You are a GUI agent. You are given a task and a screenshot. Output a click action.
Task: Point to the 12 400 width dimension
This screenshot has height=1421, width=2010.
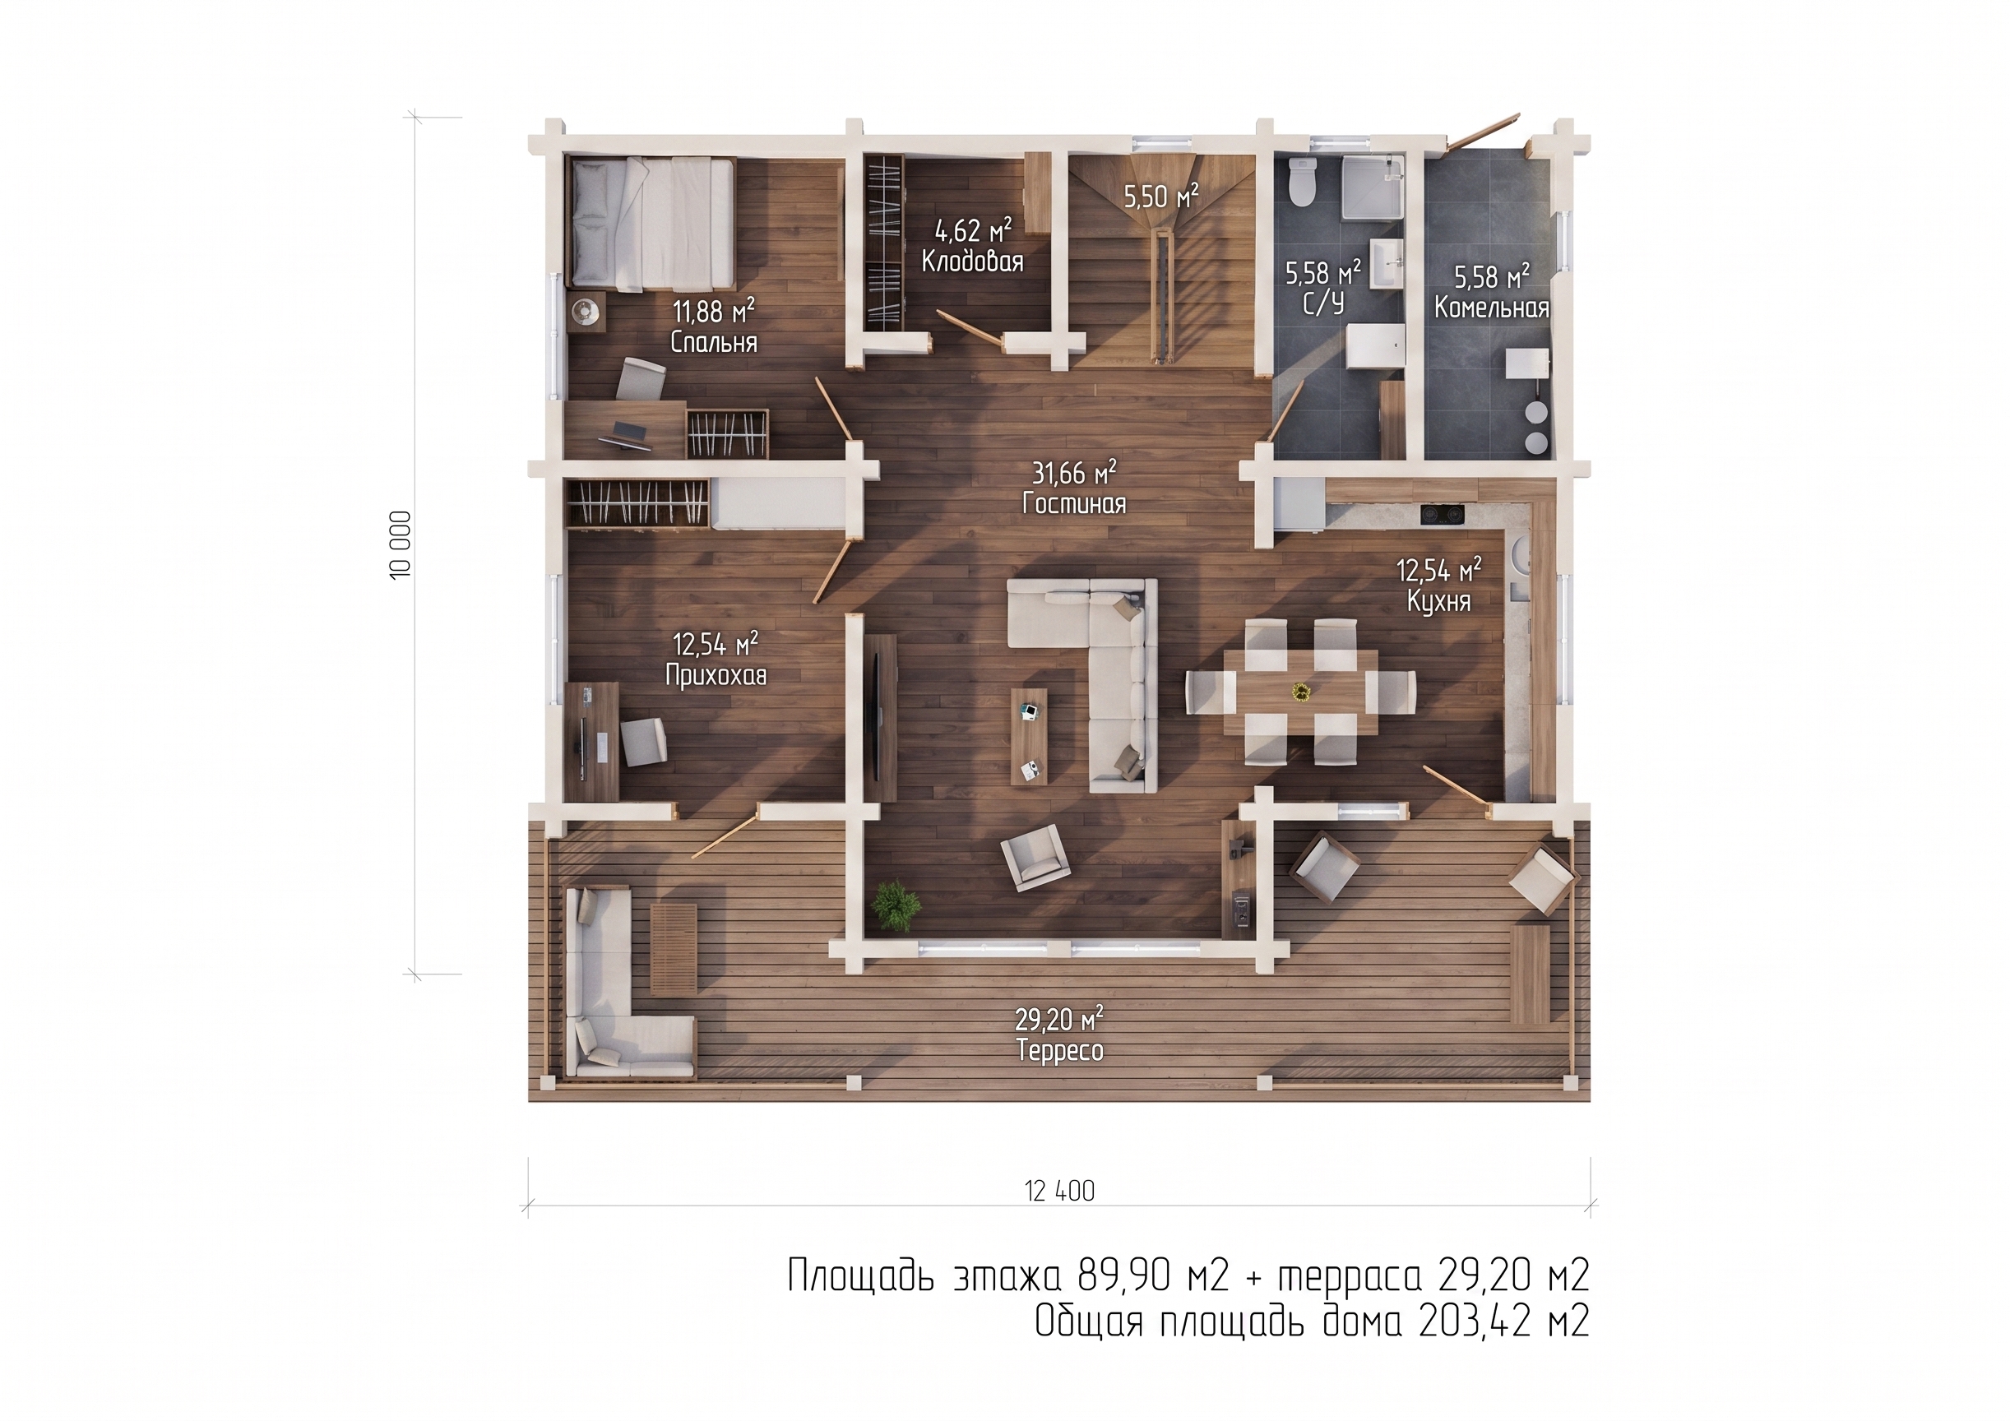(x=1059, y=1191)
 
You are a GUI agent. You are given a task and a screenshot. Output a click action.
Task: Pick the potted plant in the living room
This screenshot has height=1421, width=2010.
(x=896, y=905)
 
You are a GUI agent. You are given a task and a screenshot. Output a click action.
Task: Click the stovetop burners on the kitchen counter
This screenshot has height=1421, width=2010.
(x=1442, y=515)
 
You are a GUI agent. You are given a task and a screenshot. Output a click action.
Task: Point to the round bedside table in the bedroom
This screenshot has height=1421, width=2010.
(x=586, y=311)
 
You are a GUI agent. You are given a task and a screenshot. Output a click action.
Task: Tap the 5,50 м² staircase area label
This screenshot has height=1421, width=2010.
(x=1160, y=196)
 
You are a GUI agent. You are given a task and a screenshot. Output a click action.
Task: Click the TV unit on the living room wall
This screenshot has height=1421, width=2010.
(x=882, y=716)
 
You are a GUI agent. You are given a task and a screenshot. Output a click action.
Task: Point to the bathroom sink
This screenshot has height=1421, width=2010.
(x=1387, y=262)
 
